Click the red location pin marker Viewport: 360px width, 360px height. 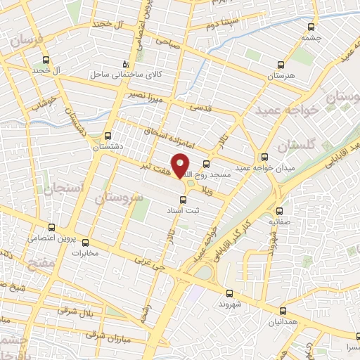pyautogui.click(x=181, y=165)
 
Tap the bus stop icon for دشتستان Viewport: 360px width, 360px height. pyautogui.click(x=108, y=136)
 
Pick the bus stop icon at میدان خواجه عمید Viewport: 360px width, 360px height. pyautogui.click(x=264, y=157)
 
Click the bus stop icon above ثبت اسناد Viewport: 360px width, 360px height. pyautogui.click(x=184, y=200)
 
